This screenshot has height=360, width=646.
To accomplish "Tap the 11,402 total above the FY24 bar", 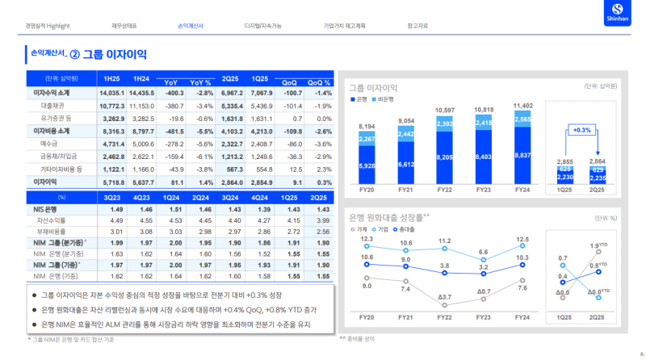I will pos(522,106).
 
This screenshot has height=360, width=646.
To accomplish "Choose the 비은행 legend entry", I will pos(385,98).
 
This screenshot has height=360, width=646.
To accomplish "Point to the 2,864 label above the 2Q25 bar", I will pos(598,140).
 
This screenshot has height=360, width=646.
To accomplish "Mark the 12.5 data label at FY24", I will pos(522,239).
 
